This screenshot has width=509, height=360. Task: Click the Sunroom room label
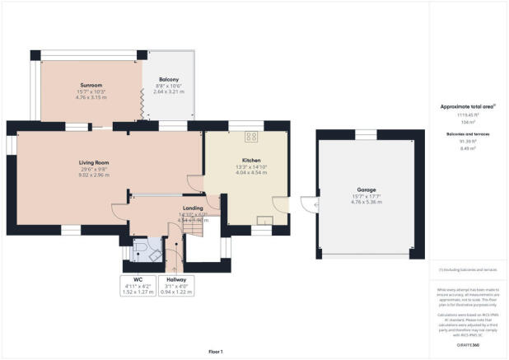click(x=91, y=85)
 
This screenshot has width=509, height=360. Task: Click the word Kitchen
click(x=251, y=160)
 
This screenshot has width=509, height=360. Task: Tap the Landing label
click(x=193, y=208)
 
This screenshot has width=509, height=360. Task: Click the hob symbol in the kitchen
click(x=251, y=138)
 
